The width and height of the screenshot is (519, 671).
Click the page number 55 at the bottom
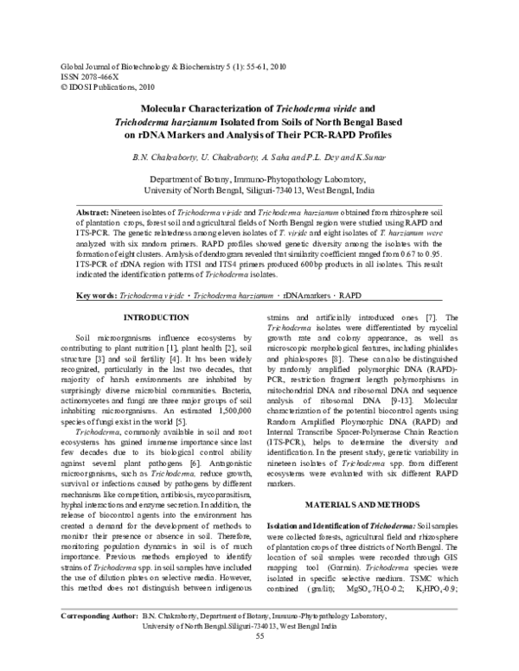[259, 660]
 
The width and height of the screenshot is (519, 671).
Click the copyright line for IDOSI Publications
[104, 86]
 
